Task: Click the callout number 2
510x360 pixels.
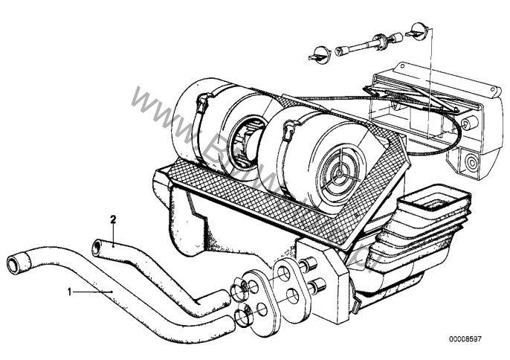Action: (113, 219)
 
